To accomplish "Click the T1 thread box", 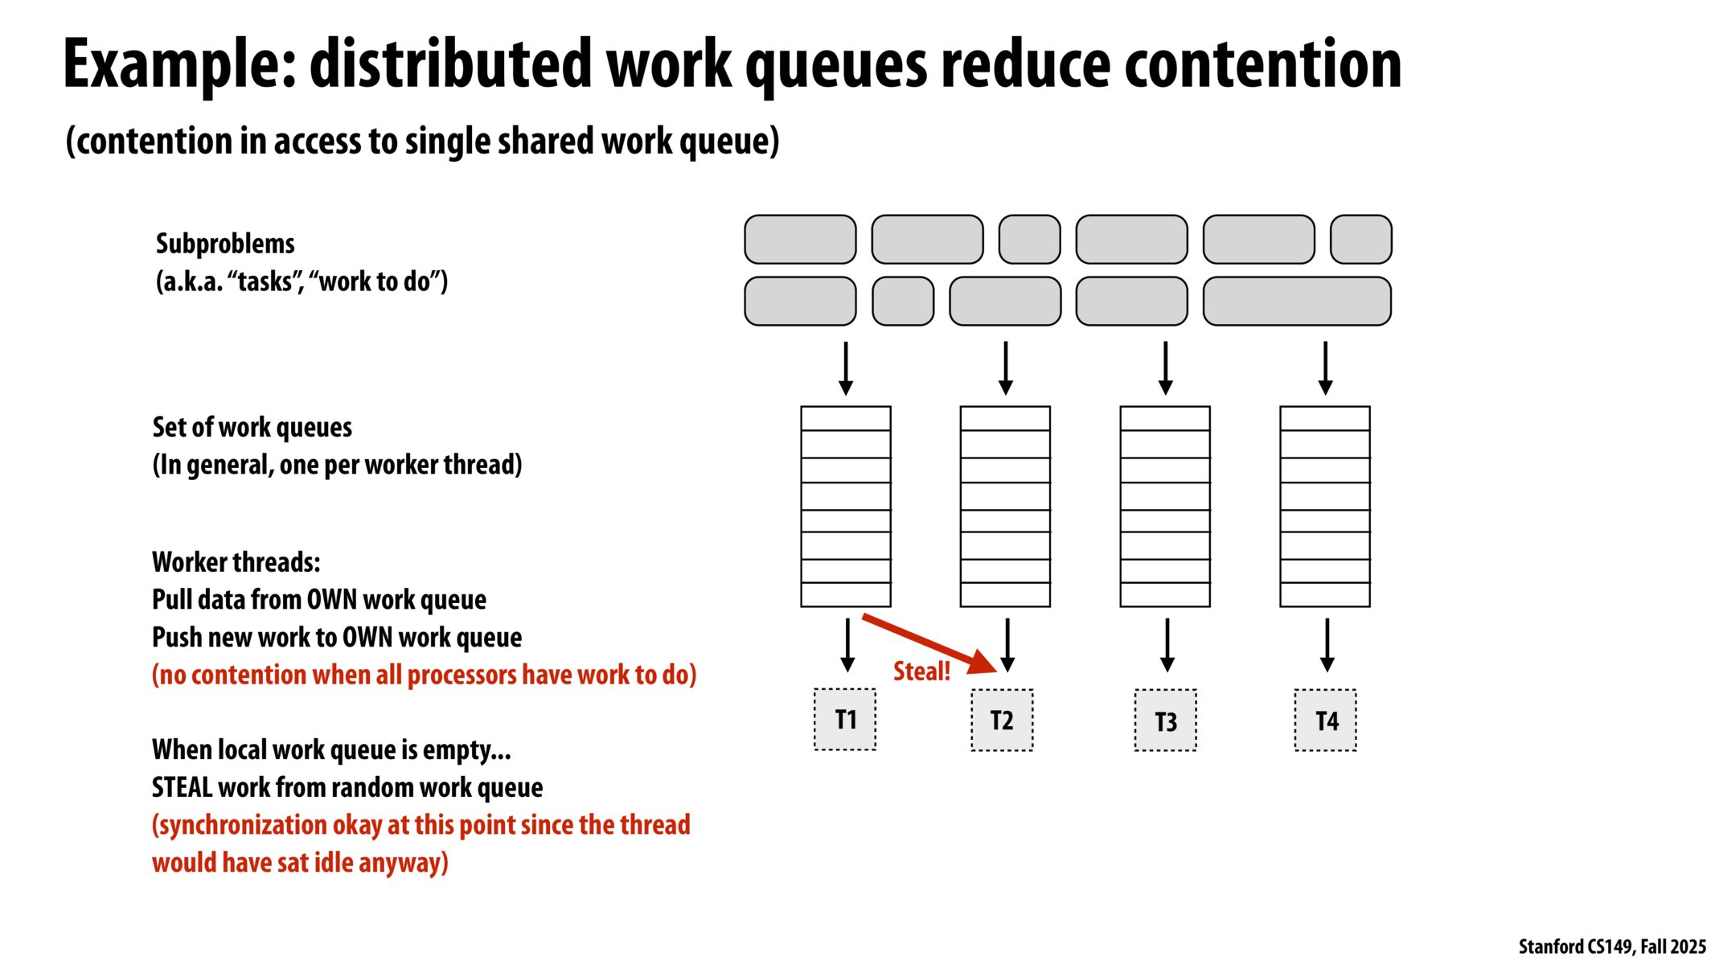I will (844, 719).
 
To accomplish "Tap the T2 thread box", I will (1001, 720).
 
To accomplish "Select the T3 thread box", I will (1165, 721).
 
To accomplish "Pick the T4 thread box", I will (1325, 721).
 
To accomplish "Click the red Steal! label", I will (921, 671).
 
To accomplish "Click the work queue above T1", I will (845, 506).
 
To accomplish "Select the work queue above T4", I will (1324, 506).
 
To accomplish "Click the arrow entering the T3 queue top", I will (1165, 368).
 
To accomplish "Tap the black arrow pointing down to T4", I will (1327, 644).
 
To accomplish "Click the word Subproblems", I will (225, 244).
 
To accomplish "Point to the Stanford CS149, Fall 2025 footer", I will (1611, 947).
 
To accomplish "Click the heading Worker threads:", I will (236, 562).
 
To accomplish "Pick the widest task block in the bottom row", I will (1296, 301).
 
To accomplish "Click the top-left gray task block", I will (799, 239).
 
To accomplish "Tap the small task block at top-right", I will (1360, 239).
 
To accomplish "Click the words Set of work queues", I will (252, 427).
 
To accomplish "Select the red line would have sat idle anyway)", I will (300, 863).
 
